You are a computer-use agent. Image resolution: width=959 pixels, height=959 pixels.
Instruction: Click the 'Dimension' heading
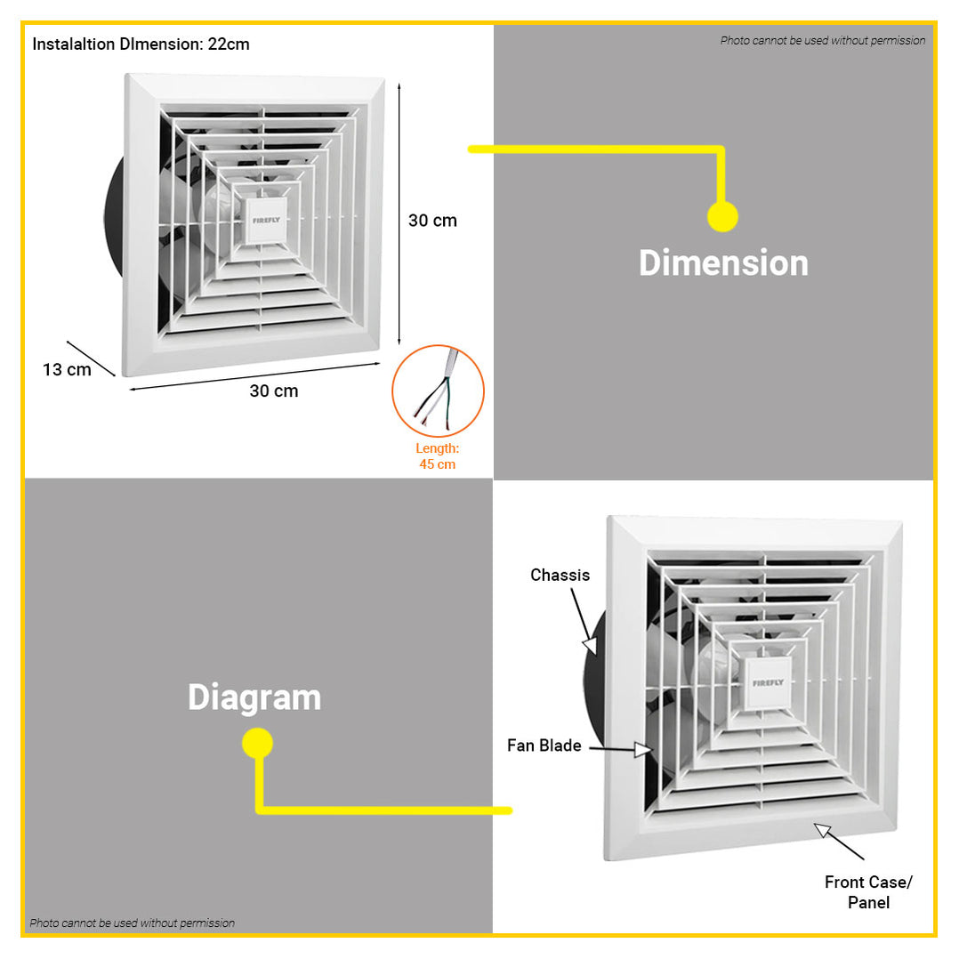click(x=723, y=263)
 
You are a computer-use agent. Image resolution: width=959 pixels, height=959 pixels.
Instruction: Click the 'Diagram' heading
click(x=254, y=697)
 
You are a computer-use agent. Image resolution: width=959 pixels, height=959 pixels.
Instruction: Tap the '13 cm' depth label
click(x=67, y=369)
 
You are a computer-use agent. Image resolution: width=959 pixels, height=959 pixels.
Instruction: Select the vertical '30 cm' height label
click(x=432, y=221)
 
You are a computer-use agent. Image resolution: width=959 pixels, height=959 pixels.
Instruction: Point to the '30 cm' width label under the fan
click(x=273, y=391)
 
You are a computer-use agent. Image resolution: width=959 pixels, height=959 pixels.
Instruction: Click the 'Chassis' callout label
click(x=560, y=575)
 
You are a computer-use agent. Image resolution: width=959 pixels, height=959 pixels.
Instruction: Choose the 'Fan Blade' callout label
click(x=544, y=745)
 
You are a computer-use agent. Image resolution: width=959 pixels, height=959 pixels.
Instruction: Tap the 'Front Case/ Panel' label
click(x=868, y=891)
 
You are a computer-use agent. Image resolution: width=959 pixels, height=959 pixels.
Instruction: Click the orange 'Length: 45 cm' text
click(x=438, y=456)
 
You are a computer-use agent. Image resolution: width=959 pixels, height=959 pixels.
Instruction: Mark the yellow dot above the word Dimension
click(x=722, y=216)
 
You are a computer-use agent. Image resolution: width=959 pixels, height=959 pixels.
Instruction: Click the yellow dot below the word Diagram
click(x=257, y=743)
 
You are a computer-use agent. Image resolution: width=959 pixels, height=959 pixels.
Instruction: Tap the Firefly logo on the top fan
click(x=266, y=221)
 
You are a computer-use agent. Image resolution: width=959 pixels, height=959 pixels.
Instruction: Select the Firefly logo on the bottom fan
click(x=769, y=682)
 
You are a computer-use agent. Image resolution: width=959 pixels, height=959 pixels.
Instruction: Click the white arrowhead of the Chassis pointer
click(x=590, y=646)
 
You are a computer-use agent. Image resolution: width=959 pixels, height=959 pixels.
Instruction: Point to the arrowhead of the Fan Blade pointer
click(x=643, y=750)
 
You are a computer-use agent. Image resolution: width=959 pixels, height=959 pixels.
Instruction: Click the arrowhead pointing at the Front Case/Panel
click(x=822, y=831)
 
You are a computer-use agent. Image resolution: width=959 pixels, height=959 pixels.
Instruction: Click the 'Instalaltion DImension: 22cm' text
click(x=141, y=44)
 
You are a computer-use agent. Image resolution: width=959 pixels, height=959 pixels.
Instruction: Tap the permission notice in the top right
click(x=823, y=40)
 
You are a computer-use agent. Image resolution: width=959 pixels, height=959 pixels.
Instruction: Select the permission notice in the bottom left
click(x=132, y=923)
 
